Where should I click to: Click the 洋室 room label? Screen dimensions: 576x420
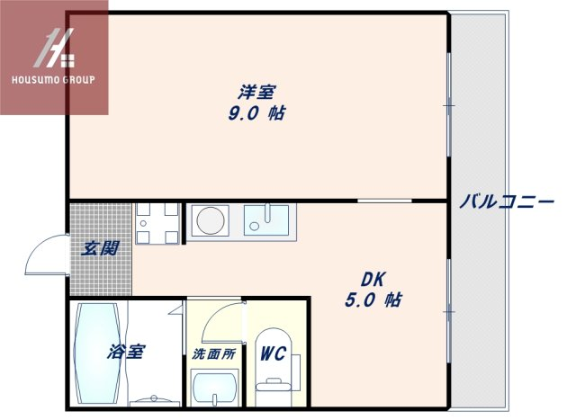point(256,92)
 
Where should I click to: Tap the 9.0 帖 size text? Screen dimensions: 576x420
point(256,113)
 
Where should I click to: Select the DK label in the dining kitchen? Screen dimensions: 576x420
point(373,280)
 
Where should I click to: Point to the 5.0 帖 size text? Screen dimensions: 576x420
point(373,300)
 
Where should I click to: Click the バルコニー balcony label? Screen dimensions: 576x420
point(507,201)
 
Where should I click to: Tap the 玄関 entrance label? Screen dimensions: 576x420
point(100,248)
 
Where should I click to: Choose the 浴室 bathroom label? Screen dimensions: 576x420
point(126,352)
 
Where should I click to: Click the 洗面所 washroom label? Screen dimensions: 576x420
point(214,354)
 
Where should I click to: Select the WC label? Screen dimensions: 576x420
point(273,353)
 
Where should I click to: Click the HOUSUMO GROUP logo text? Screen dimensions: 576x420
point(54,80)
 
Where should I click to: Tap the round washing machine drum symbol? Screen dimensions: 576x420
point(211,220)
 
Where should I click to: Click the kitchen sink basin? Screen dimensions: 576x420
point(266,219)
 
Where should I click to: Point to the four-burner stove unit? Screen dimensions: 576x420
point(157,224)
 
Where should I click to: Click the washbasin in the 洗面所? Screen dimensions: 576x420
point(215,388)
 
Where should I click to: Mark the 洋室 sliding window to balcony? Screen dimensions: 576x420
point(448,105)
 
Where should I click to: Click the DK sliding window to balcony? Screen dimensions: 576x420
point(448,311)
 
